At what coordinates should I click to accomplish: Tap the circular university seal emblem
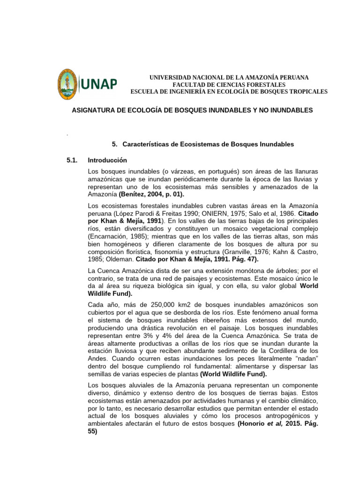(68, 84)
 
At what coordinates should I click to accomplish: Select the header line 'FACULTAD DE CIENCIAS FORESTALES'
(229, 84)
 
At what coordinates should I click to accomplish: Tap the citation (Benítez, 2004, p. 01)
(152, 194)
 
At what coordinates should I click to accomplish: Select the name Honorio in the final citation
(254, 424)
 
